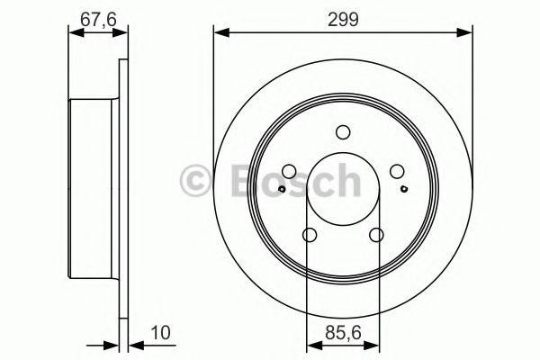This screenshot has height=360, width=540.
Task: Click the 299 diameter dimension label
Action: click(343, 19)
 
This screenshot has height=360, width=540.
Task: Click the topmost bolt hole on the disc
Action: click(343, 131)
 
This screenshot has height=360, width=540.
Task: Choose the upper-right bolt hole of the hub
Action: click(396, 172)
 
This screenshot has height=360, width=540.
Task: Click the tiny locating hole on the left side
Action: click(283, 188)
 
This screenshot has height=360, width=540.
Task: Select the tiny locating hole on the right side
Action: click(403, 188)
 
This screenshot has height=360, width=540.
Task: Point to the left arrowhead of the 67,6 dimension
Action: click(75, 33)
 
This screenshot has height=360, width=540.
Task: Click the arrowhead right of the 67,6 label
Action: click(122, 33)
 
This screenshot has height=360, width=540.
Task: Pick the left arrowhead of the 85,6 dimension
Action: click(311, 342)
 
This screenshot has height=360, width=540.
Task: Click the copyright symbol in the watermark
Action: click(194, 180)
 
